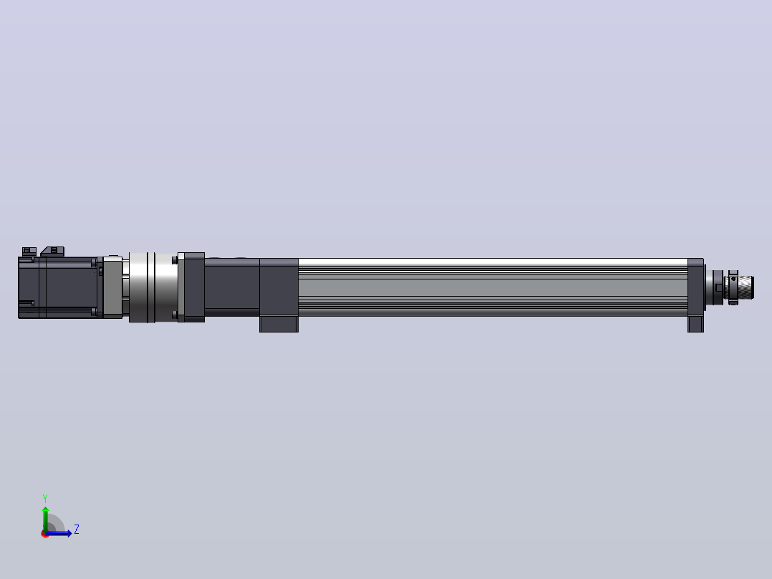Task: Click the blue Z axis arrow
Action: pos(59,533)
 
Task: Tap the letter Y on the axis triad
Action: pos(45,498)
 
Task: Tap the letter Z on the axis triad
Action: pos(77,530)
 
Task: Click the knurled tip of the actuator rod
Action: pos(746,288)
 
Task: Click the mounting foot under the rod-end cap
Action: pos(695,324)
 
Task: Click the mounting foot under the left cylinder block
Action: pos(279,324)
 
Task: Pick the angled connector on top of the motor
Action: pos(52,252)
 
